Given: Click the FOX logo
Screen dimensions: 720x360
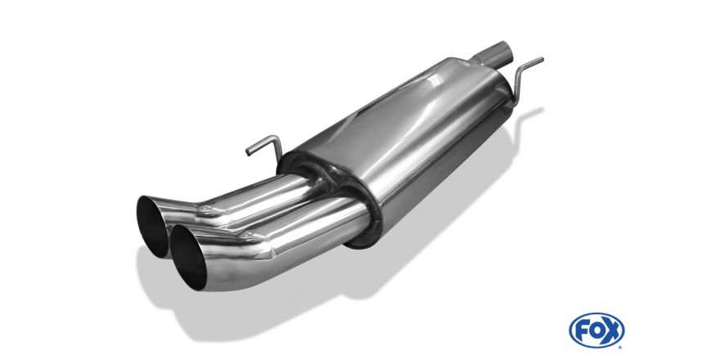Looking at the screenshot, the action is coord(596,331).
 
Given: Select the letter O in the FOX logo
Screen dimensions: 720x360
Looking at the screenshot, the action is coord(596,331).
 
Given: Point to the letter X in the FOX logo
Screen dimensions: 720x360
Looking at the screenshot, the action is coord(612,331).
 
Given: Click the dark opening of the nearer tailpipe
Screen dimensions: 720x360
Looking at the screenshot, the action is coord(188,257).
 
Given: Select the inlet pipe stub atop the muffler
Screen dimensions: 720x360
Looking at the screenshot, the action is coord(493,53).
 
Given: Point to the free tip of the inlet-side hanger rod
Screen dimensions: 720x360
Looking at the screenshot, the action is coord(542,59).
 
